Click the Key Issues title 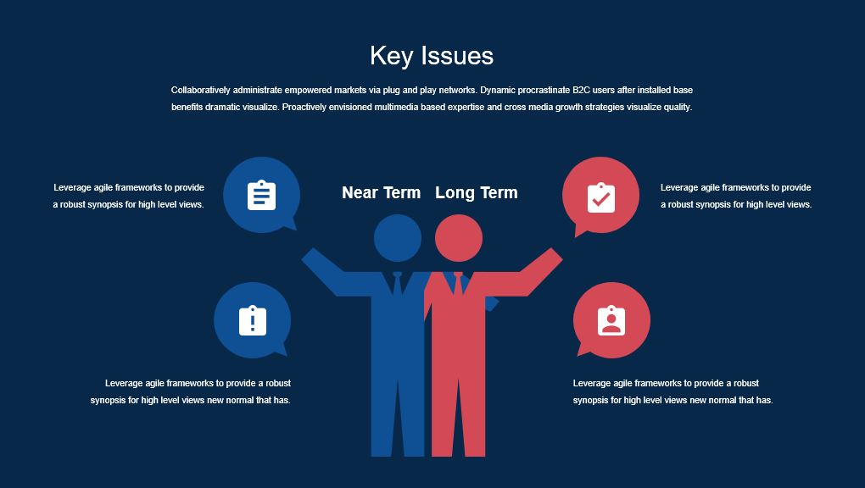pos(432,56)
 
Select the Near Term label pos(382,192)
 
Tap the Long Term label pos(477,192)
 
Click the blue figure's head pos(398,238)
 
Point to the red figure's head pos(459,238)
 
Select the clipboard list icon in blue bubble pos(261,195)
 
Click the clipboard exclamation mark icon pos(253,320)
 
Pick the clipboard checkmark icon pos(600,197)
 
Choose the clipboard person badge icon pos(611,320)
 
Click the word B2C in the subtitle pos(582,90)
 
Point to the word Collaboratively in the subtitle pos(199,90)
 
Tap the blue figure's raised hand pos(311,257)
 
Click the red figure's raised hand pos(553,257)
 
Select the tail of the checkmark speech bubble pos(579,230)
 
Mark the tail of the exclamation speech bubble pos(282,350)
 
